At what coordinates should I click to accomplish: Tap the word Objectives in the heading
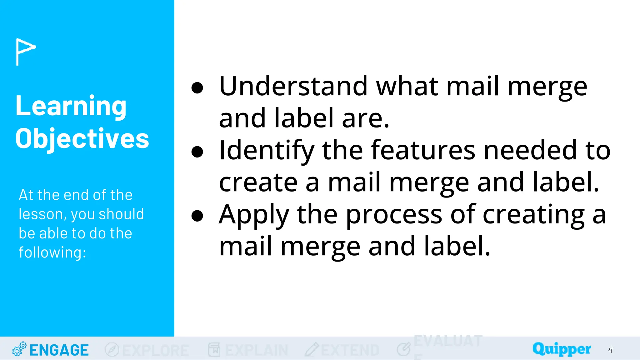coord(82,138)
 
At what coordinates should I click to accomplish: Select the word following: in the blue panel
coord(52,252)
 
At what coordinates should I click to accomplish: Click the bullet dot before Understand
coord(197,88)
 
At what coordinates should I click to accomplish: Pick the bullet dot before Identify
coord(197,152)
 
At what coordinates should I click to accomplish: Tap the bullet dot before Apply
coord(197,216)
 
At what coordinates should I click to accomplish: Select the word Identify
coord(267,151)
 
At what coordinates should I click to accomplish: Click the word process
coord(394,215)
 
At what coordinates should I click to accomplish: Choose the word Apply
coord(254,215)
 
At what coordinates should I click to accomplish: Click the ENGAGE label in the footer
coord(59,350)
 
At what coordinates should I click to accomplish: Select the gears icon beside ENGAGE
coord(19,349)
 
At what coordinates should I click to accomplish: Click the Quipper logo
coord(562,349)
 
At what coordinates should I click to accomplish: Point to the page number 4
coord(610,350)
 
